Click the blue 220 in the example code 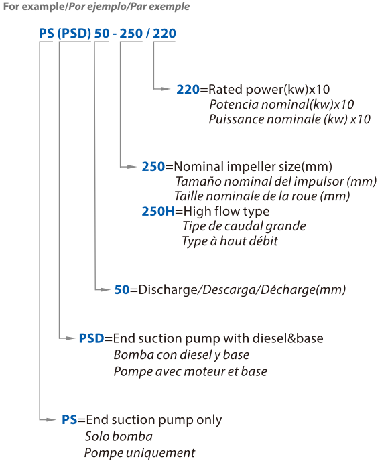(164, 34)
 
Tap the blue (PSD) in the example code (74, 34)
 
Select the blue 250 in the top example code (131, 34)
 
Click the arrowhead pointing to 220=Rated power (166, 88)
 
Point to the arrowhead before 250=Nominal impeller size (132, 167)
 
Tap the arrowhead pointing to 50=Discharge (105, 289)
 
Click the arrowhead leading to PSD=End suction (70, 338)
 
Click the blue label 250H (158, 211)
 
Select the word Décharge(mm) (303, 289)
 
